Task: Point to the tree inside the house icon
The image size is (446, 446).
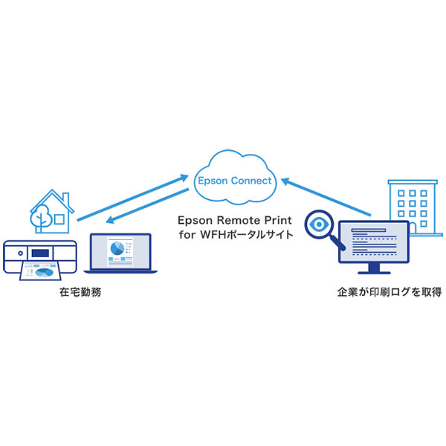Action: point(42,216)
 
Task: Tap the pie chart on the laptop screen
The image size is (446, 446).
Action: point(117,247)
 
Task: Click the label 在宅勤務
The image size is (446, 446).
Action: point(80,293)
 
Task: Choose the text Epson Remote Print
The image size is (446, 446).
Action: point(235,221)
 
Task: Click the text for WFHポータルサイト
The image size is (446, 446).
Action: point(235,235)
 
